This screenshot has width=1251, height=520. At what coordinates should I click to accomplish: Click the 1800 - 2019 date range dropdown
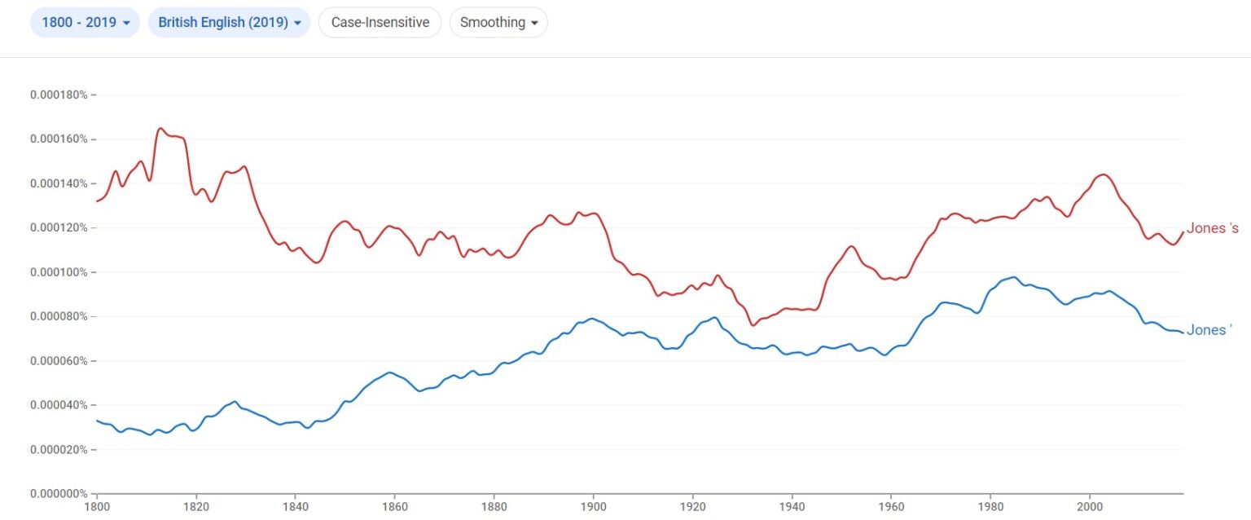point(85,23)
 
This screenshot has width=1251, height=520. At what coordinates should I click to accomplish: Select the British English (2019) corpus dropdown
point(229,23)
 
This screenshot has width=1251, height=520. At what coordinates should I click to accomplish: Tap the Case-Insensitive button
point(380,23)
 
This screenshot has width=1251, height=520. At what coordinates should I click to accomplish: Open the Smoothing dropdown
point(498,23)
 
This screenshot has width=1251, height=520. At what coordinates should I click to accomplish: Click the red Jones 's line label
point(1212,228)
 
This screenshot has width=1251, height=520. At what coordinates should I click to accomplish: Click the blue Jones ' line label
point(1209,330)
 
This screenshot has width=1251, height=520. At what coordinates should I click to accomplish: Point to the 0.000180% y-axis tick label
point(59,95)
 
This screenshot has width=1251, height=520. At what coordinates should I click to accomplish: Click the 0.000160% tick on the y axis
point(59,139)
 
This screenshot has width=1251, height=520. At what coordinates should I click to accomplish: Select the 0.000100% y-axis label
point(59,272)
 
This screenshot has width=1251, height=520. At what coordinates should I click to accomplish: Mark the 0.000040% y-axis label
point(59,405)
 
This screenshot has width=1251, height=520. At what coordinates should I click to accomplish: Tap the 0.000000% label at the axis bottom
point(59,494)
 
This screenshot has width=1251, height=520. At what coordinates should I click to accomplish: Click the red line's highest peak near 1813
point(160,128)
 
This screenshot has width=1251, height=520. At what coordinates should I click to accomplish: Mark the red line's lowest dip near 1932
point(753,325)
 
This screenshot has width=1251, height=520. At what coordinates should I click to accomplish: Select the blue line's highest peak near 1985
point(1014,277)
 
